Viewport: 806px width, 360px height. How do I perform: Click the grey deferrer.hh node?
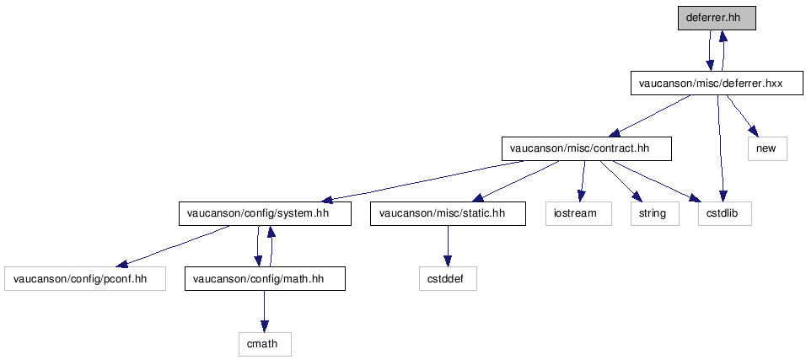(x=717, y=18)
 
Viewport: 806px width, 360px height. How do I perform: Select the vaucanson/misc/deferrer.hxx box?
(x=717, y=83)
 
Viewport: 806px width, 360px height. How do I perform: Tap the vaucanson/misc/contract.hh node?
(x=587, y=148)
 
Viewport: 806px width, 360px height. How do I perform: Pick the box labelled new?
(x=767, y=148)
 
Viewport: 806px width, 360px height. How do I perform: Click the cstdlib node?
(x=725, y=213)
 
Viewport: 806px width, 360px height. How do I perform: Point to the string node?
(x=655, y=213)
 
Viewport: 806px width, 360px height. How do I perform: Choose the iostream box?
(x=579, y=213)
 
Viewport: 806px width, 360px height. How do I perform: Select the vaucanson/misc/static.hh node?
(x=448, y=213)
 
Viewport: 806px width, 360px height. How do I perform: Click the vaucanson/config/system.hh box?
(x=265, y=213)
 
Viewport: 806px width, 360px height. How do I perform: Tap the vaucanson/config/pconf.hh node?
(x=85, y=279)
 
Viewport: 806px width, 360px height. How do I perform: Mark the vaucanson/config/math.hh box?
(x=265, y=279)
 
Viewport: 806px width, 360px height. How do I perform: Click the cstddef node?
(x=448, y=279)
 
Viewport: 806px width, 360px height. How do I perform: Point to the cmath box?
(x=265, y=344)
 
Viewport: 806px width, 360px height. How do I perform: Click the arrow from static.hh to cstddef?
(x=448, y=246)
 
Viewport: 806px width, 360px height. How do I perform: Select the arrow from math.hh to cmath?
(x=264, y=311)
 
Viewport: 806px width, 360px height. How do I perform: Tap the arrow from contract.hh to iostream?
(x=583, y=181)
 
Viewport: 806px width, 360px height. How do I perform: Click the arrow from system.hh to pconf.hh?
(x=173, y=246)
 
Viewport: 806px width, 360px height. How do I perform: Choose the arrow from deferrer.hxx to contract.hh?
(x=653, y=116)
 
